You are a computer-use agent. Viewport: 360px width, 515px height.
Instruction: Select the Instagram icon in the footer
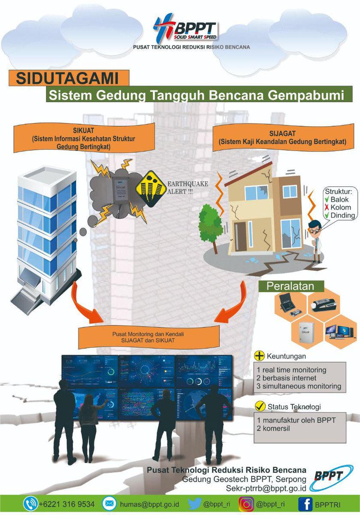coord(246,504)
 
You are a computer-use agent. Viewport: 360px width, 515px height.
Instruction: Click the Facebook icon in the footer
coord(305,504)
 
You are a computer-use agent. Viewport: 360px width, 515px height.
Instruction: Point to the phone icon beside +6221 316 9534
coord(30,504)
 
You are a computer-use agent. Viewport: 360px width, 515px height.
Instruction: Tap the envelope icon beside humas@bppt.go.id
coord(110,504)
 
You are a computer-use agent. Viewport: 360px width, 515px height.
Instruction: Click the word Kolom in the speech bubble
coord(341,207)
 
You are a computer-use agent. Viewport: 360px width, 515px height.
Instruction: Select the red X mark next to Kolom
coord(327,207)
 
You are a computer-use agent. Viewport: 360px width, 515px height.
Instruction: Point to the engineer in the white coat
coord(316,240)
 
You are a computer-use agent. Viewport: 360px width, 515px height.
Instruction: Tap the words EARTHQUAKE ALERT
coord(188,188)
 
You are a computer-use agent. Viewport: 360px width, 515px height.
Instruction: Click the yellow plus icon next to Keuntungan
coord(260,356)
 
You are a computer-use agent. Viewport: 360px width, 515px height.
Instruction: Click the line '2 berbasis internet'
coord(287,378)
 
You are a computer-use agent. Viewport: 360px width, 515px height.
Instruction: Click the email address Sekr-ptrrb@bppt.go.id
coord(266,488)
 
